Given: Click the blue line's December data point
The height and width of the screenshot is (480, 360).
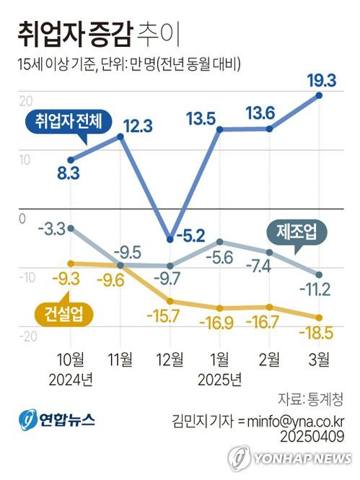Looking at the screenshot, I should pos(170,239).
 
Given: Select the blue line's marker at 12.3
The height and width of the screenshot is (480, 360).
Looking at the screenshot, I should pos(120,136).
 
